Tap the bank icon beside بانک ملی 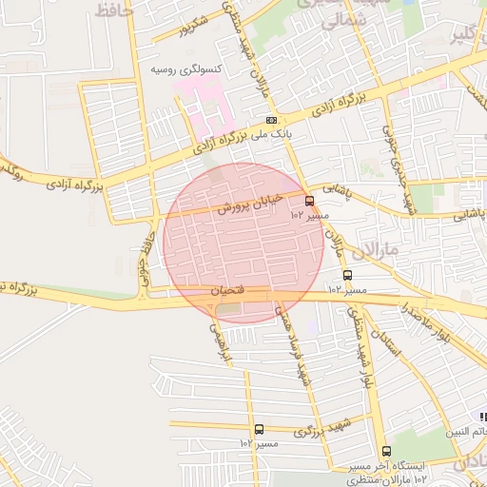click(x=272, y=120)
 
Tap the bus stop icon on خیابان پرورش click(x=309, y=201)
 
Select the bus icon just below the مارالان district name click(x=347, y=275)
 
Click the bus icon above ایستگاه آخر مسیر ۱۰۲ click(x=385, y=451)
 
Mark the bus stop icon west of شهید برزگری click(x=259, y=429)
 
